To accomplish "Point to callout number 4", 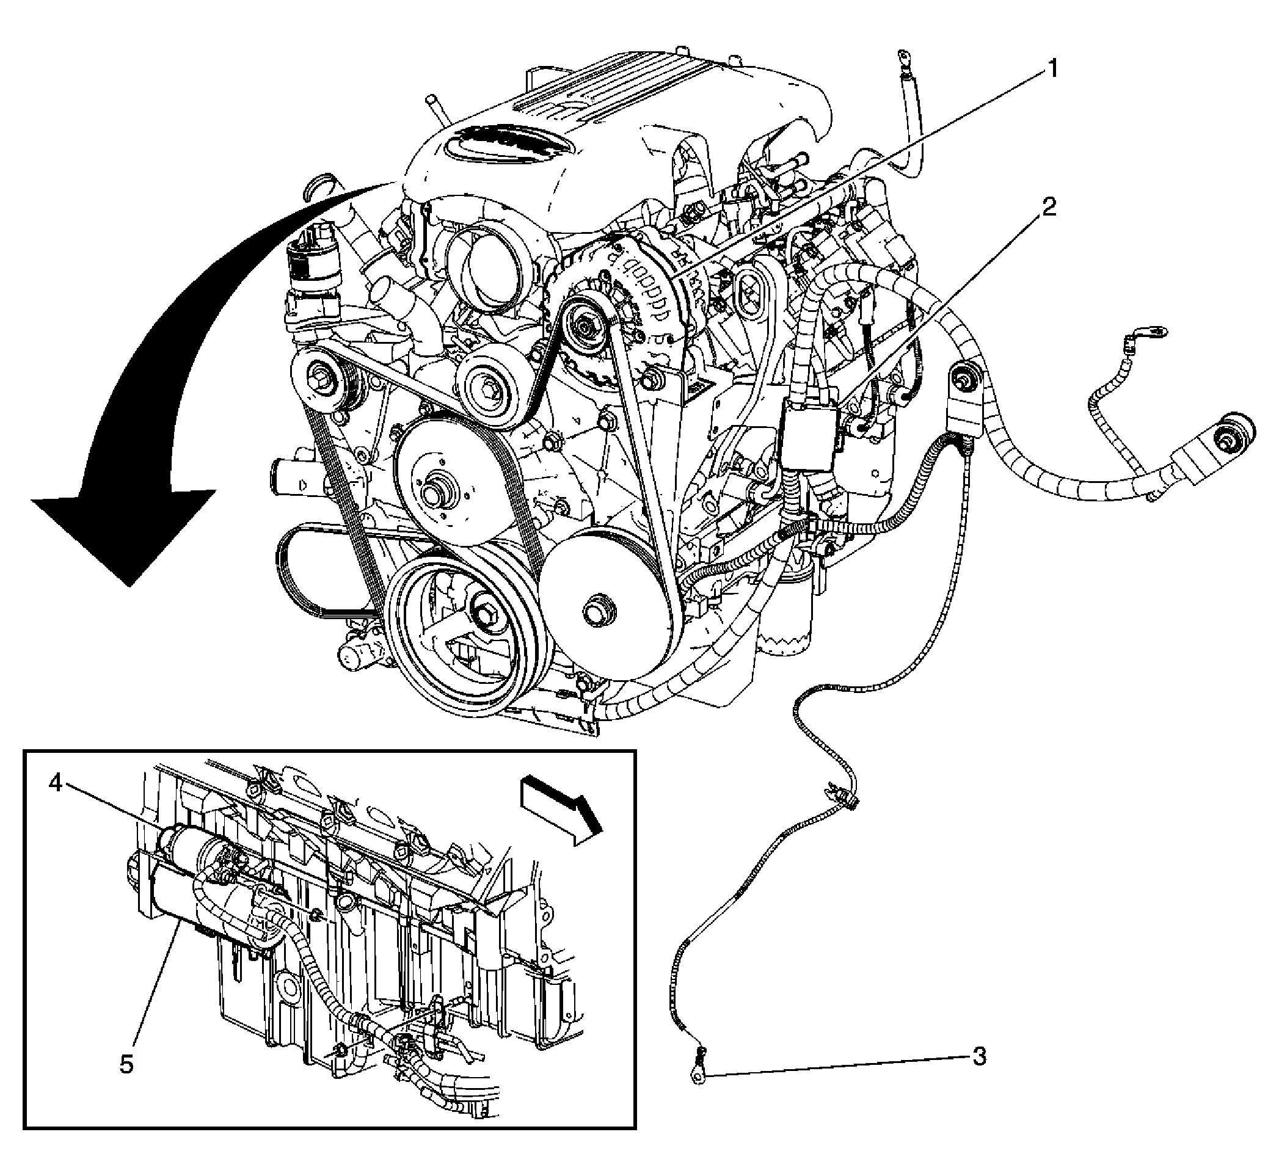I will (56, 784).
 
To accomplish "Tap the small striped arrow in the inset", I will (561, 811).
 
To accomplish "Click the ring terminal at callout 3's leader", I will (698, 1076).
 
